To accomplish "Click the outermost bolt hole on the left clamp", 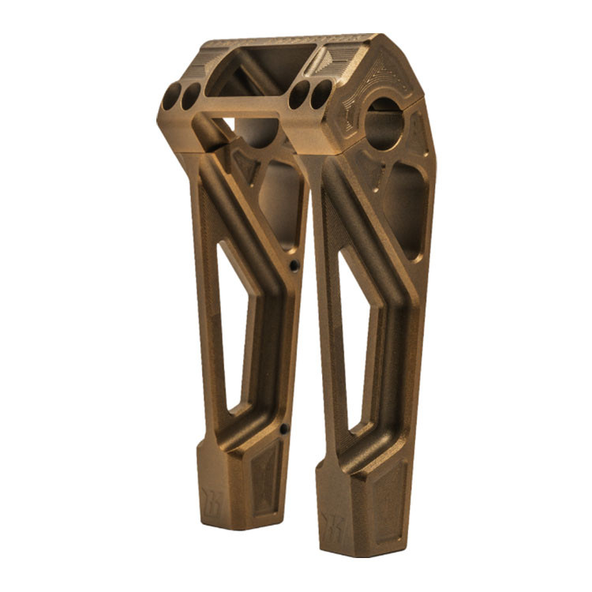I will [x=171, y=98].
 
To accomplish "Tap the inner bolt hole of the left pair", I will [x=191, y=96].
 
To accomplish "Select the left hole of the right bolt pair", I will [x=299, y=95].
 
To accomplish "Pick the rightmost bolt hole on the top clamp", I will [x=320, y=93].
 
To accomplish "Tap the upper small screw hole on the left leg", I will [x=294, y=266].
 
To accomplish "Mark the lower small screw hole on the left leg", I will [x=284, y=429].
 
